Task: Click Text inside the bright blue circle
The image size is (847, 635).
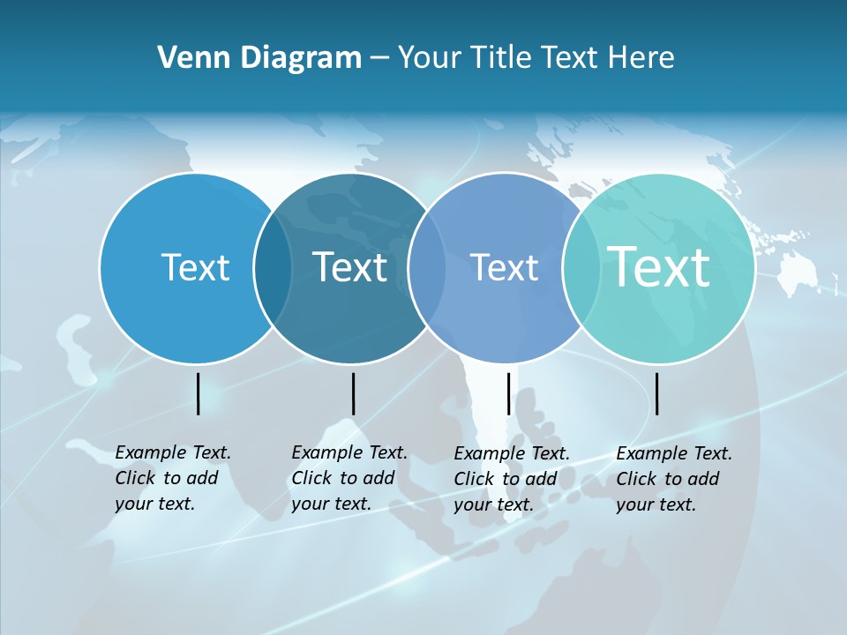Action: point(195,267)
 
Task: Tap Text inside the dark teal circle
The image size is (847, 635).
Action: point(349,267)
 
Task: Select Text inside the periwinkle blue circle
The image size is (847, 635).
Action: point(504,267)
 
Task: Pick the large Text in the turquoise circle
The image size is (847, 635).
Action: point(658,266)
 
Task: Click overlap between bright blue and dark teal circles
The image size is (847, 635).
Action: point(273,268)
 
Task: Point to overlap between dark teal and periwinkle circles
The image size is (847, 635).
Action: point(427,268)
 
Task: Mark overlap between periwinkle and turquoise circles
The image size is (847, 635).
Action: point(581,268)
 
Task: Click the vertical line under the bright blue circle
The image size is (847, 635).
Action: point(199,393)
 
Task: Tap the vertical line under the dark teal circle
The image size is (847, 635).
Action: point(353,393)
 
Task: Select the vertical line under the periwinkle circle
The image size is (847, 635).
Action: point(508,393)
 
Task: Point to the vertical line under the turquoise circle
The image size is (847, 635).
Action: point(657,393)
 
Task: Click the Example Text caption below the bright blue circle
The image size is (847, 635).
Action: point(173,478)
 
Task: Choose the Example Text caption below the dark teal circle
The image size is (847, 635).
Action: point(349,478)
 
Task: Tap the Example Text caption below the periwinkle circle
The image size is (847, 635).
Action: point(512,479)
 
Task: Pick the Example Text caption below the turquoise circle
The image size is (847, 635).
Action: point(674,479)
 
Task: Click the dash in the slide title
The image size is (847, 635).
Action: point(379,58)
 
